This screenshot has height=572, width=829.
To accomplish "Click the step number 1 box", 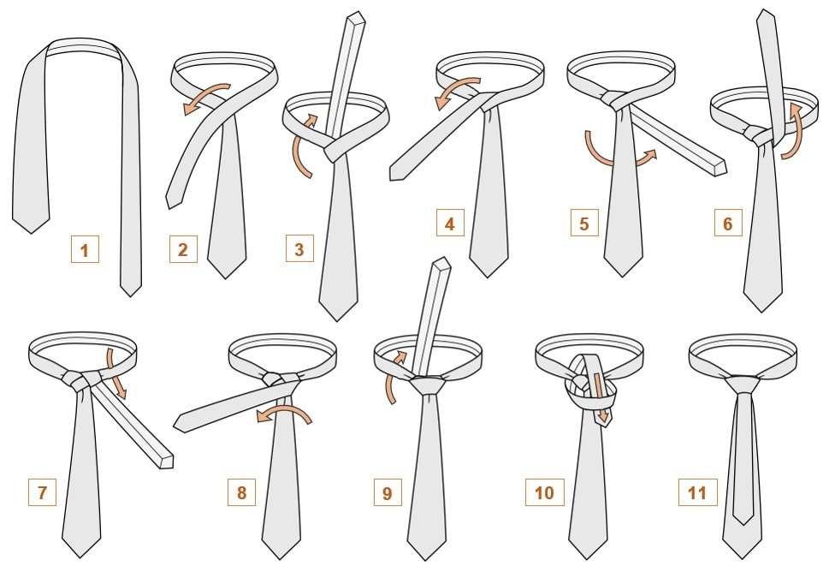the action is [x=85, y=249].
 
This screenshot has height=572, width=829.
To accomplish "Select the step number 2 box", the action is [x=183, y=249].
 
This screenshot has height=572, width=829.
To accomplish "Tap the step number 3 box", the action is [x=299, y=248].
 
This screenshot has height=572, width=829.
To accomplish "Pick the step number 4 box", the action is [x=450, y=223].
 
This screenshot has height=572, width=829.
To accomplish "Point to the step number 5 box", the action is [x=584, y=223].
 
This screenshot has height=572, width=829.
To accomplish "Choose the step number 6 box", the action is [x=728, y=223].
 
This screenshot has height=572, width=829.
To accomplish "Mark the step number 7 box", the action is [x=42, y=492].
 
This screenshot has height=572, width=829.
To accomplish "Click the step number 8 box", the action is [x=241, y=492].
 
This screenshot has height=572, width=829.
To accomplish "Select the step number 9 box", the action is [x=388, y=492].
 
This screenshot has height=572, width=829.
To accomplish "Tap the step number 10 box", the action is [x=545, y=492].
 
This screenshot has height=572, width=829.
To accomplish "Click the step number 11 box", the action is [x=698, y=492].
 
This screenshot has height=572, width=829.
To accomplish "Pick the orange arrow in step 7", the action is [x=116, y=373].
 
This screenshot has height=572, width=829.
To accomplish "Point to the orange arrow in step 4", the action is [x=458, y=90].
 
